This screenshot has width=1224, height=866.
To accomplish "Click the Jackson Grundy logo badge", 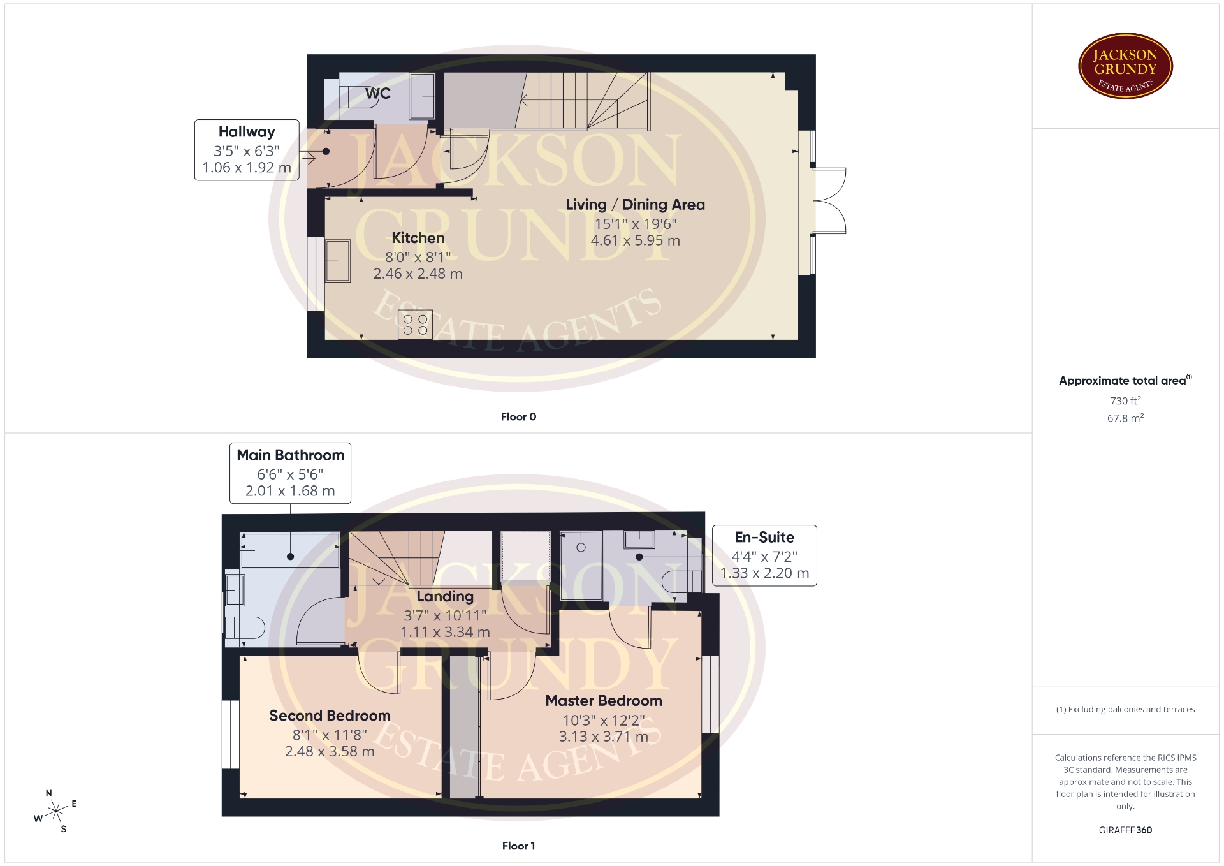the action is [x=1125, y=66].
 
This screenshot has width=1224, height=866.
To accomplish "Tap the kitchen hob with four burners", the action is [x=415, y=325].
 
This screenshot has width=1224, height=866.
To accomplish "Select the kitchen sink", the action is [x=338, y=261].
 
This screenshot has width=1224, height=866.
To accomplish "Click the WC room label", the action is [x=378, y=94].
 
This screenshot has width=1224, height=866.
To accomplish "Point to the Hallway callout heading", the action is [x=247, y=132].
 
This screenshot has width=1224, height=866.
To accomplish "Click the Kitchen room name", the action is [x=418, y=238].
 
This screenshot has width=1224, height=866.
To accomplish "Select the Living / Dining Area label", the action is [x=636, y=205].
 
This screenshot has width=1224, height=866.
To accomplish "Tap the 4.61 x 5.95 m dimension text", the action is [x=636, y=240].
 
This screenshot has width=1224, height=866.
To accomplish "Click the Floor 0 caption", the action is [x=518, y=417].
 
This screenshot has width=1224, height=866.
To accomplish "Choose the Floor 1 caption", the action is [x=518, y=846].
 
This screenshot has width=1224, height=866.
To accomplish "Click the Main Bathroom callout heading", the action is [x=290, y=455].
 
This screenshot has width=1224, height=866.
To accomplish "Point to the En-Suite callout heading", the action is [x=764, y=538].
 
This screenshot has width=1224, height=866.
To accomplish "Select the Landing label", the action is [x=445, y=597].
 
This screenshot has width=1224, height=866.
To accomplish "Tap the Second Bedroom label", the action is [x=330, y=716].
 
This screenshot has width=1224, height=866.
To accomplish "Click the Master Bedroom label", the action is [x=604, y=701].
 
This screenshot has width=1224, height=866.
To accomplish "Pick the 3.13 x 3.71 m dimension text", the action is [x=604, y=737].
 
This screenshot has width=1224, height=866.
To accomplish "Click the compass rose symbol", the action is [x=56, y=811].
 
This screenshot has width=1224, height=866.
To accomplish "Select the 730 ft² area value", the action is [x=1125, y=400].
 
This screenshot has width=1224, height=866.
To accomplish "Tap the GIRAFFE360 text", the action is [x=1125, y=830].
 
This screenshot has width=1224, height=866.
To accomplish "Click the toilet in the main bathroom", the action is [x=245, y=627].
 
